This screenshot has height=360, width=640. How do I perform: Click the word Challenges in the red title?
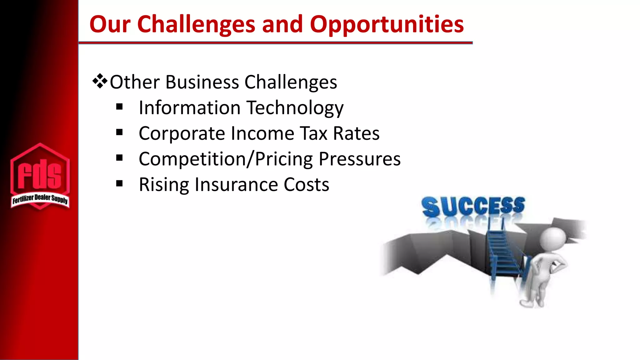tap(196, 24)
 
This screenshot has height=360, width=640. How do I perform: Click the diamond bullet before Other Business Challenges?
tap(100, 82)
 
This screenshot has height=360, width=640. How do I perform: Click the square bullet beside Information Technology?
tap(119, 107)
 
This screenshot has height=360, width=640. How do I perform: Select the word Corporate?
tap(182, 133)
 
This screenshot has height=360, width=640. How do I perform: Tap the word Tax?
tap(314, 133)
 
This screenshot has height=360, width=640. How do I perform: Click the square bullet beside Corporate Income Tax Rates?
tap(119, 133)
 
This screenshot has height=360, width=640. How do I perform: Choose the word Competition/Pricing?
tap(226, 159)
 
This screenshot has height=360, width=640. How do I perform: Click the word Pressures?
tap(359, 159)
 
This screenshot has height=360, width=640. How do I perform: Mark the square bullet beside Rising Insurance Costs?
tap(119, 184)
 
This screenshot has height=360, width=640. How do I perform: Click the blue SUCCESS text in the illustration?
tap(473, 206)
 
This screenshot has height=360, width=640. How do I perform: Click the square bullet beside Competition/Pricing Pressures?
tap(119, 158)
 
